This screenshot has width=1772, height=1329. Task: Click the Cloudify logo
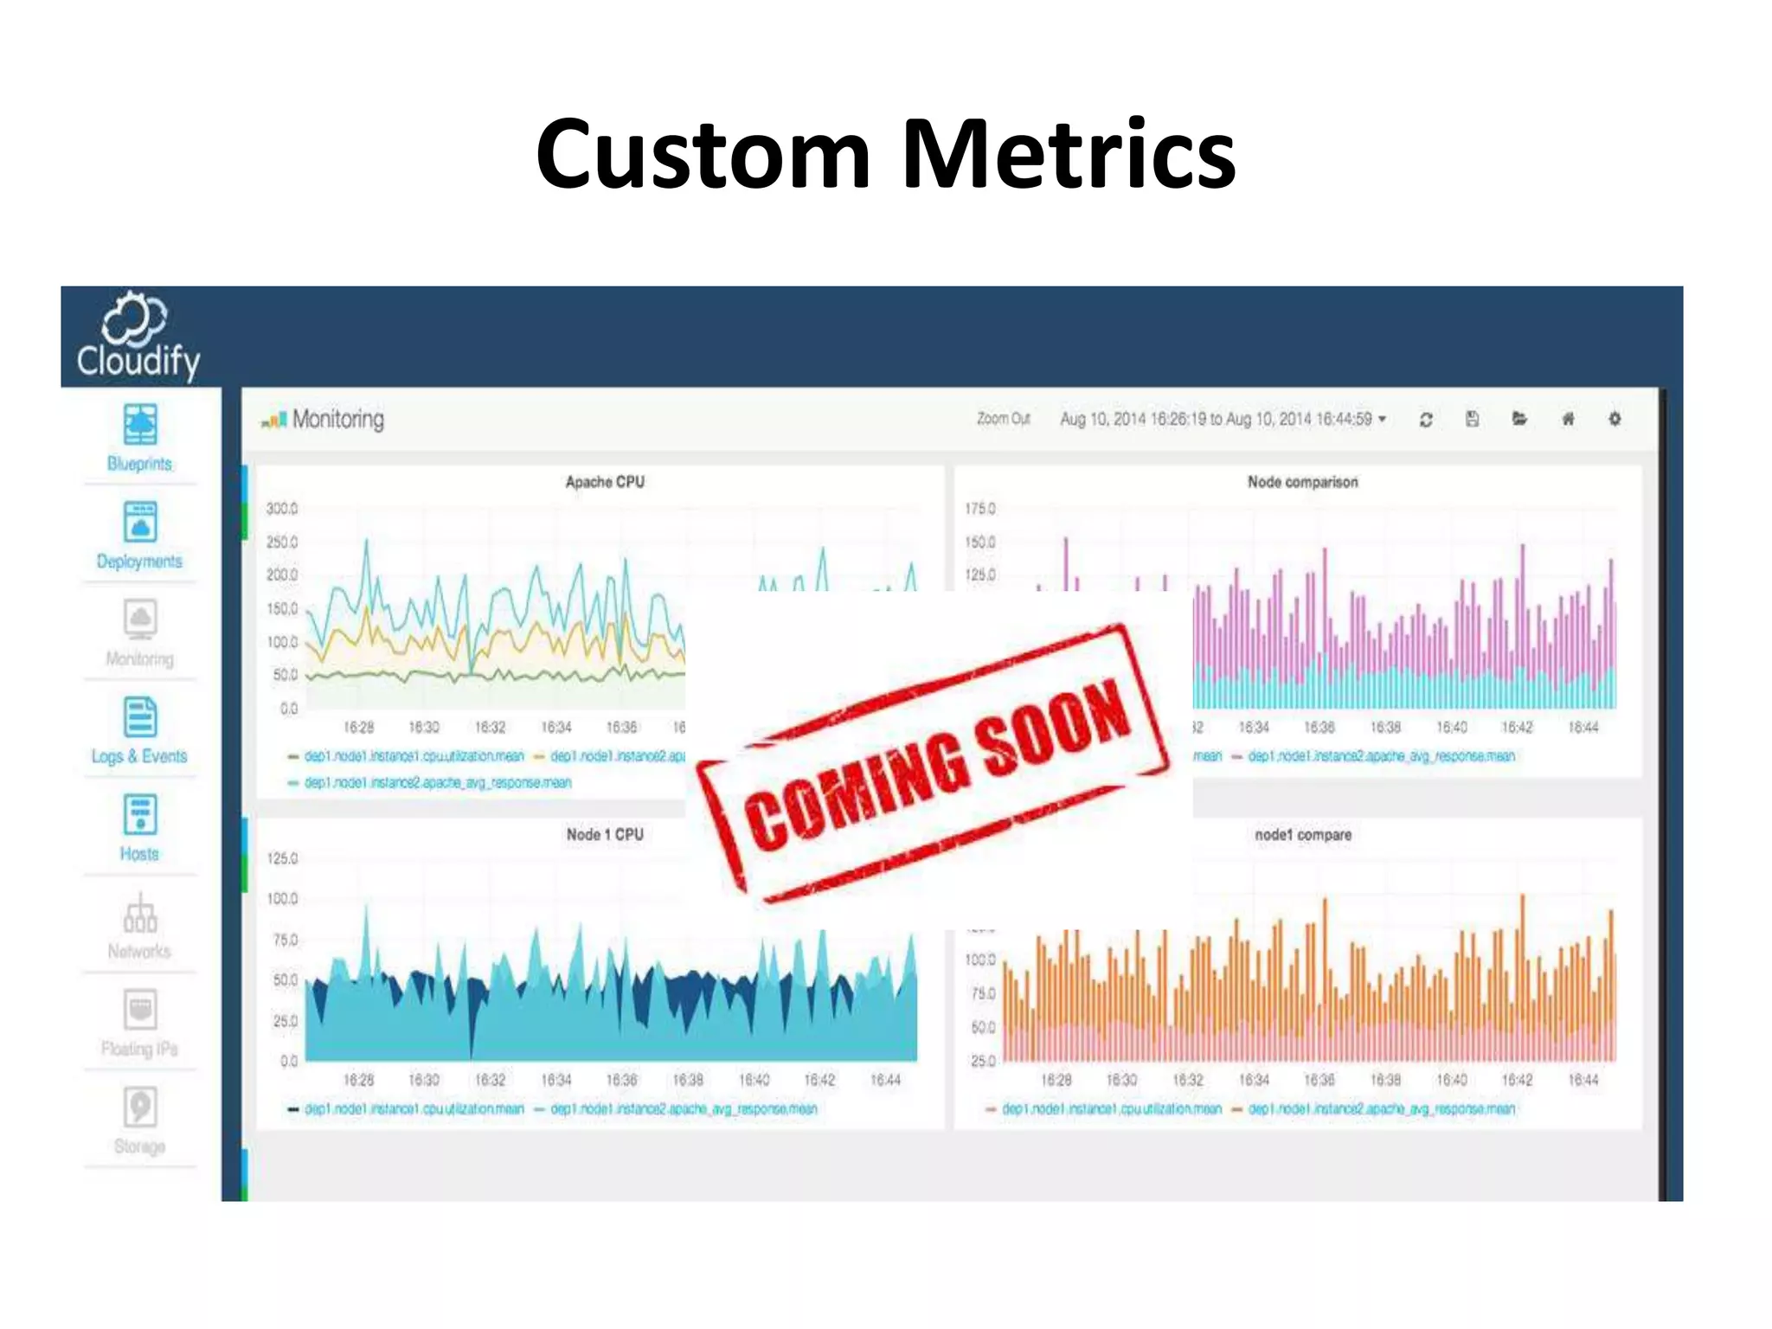click(x=138, y=337)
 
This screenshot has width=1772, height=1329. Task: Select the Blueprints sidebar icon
click(x=140, y=424)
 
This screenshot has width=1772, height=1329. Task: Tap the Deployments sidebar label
click(x=139, y=562)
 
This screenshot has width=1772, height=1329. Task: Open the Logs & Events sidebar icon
click(x=140, y=718)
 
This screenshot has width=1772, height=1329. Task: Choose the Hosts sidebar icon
click(x=140, y=815)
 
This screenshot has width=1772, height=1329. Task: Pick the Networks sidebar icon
click(x=140, y=914)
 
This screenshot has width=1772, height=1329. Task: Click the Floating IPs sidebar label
click(x=139, y=1050)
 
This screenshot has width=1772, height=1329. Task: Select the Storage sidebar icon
click(x=140, y=1107)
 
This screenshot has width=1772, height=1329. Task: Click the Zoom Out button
click(x=1003, y=419)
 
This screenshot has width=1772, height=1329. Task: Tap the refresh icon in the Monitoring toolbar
click(x=1426, y=420)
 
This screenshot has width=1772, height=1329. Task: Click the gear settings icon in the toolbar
click(x=1615, y=419)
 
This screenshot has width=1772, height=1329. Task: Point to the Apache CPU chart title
click(x=605, y=482)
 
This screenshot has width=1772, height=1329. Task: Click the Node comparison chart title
click(x=1302, y=482)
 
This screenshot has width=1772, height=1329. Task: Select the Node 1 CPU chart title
click(x=605, y=834)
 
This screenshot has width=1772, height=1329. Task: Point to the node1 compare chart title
click(x=1303, y=835)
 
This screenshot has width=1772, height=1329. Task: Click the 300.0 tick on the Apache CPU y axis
click(x=282, y=509)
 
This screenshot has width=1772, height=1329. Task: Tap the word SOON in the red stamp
click(x=1053, y=727)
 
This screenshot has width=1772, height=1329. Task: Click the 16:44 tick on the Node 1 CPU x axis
click(x=885, y=1080)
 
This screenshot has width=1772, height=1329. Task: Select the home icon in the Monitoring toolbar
click(x=1568, y=420)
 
